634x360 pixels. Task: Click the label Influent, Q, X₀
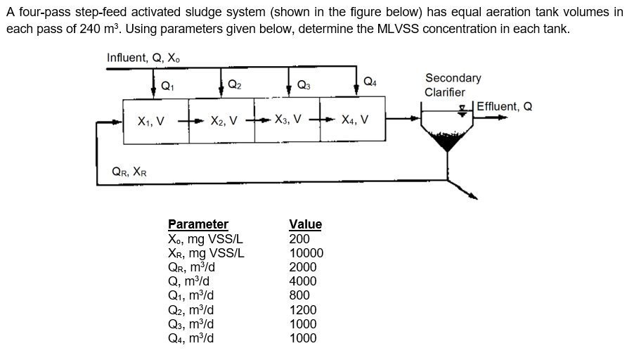[x=147, y=58]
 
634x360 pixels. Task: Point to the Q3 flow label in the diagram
[x=304, y=86]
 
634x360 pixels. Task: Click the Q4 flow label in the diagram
[x=370, y=82]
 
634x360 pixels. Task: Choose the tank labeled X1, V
[x=152, y=120]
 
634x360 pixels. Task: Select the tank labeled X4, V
[x=355, y=120]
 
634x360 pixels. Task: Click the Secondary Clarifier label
[x=453, y=85]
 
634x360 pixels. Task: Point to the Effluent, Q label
[x=504, y=107]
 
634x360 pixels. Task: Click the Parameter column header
[x=198, y=224]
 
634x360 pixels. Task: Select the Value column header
[x=305, y=224]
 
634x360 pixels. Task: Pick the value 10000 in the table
[x=306, y=253]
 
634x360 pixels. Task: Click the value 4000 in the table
[x=303, y=281]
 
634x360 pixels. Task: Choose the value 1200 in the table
[x=303, y=310]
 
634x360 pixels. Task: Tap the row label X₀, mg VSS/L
[x=206, y=239]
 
